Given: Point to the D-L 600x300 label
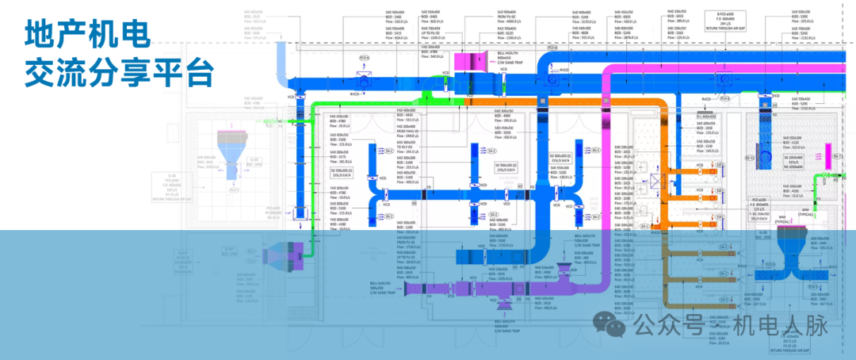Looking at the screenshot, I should point(711,117).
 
